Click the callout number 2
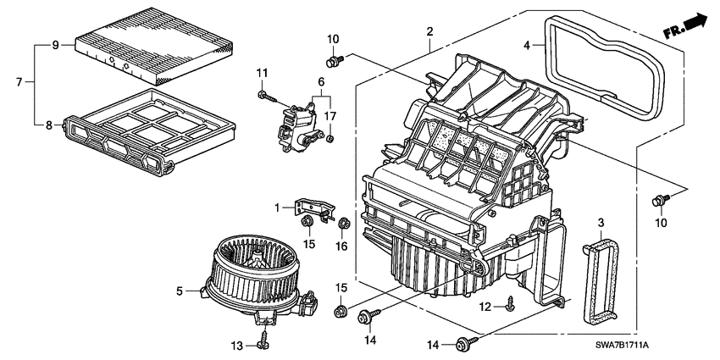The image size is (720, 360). tap(430, 32)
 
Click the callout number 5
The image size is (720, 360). tap(180, 291)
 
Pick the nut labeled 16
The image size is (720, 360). tap(345, 225)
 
